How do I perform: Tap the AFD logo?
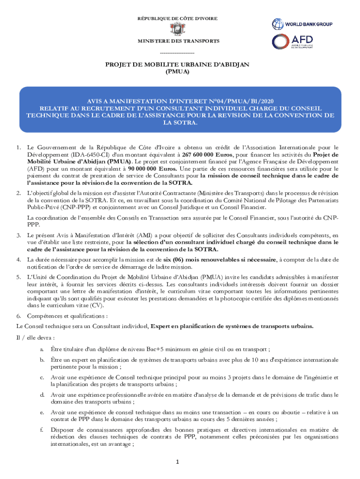[293, 42]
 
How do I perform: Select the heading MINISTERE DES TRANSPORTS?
[178, 41]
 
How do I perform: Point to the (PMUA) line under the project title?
[178, 72]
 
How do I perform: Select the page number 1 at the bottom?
[178, 462]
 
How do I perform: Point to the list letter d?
[42, 394]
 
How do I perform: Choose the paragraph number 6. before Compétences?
[18, 316]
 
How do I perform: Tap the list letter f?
[42, 429]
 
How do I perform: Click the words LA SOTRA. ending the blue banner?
[180, 123]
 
